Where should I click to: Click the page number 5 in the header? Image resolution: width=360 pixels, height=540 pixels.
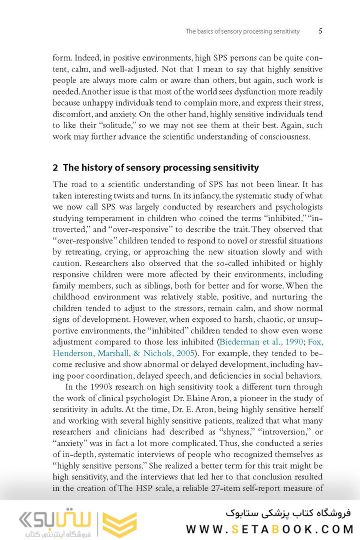[x=320, y=31]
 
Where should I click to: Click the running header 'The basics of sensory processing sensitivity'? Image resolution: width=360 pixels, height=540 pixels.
[x=242, y=31]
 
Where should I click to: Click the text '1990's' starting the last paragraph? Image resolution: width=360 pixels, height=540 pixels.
[x=89, y=386]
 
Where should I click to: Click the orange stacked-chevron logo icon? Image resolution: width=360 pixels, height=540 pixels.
[x=119, y=524]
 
